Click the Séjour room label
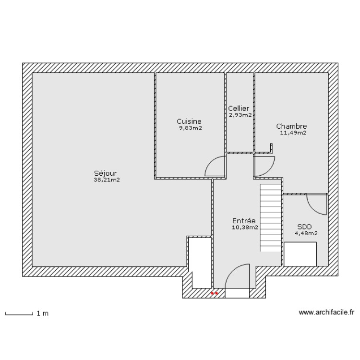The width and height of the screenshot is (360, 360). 106,173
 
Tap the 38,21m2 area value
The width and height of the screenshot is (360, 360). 107,180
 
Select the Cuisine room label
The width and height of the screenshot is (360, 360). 189,121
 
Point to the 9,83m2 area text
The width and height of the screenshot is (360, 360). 191,128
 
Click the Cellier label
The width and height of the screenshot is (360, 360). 239,108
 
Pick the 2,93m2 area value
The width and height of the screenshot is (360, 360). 240,115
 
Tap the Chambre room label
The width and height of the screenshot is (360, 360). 291,126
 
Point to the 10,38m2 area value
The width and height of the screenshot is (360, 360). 245,228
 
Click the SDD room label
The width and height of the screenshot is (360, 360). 304,227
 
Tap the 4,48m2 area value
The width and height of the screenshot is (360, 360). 306,233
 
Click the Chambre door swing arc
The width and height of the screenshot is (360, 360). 264,166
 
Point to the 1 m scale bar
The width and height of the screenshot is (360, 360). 19,313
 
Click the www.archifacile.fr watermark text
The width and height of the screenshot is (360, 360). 326,312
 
